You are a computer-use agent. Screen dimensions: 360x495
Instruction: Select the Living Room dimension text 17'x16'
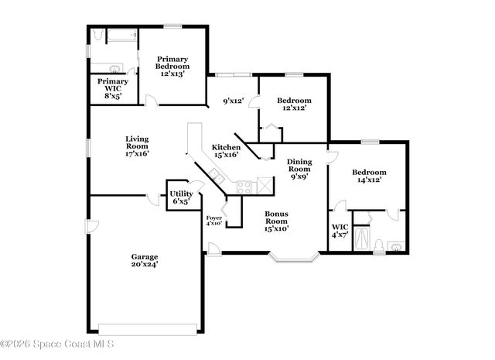[x=137, y=153]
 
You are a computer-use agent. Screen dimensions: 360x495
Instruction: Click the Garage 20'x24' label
[x=145, y=260]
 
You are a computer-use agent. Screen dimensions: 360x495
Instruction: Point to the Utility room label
[x=181, y=197]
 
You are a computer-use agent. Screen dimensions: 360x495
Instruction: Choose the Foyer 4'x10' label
[x=214, y=221]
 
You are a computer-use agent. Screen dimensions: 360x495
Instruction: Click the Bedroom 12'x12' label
[x=294, y=104]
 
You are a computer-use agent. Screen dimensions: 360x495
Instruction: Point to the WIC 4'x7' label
[x=340, y=231]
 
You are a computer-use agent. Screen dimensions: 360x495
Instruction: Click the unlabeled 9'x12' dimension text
[x=233, y=100]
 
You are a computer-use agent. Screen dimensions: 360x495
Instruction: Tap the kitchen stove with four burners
[x=244, y=186]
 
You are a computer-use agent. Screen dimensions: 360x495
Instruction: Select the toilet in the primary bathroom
[x=97, y=36]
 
